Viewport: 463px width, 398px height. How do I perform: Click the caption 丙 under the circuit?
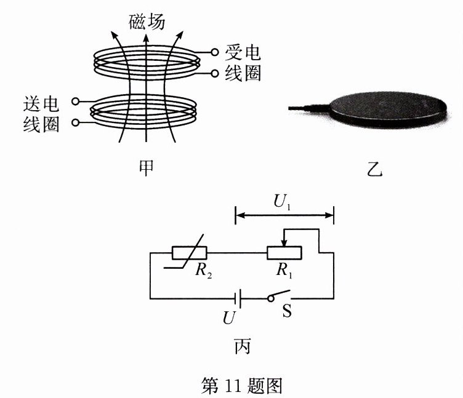242,346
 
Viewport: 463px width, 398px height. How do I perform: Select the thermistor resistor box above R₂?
190,253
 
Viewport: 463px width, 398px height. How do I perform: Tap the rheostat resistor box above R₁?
284,253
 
